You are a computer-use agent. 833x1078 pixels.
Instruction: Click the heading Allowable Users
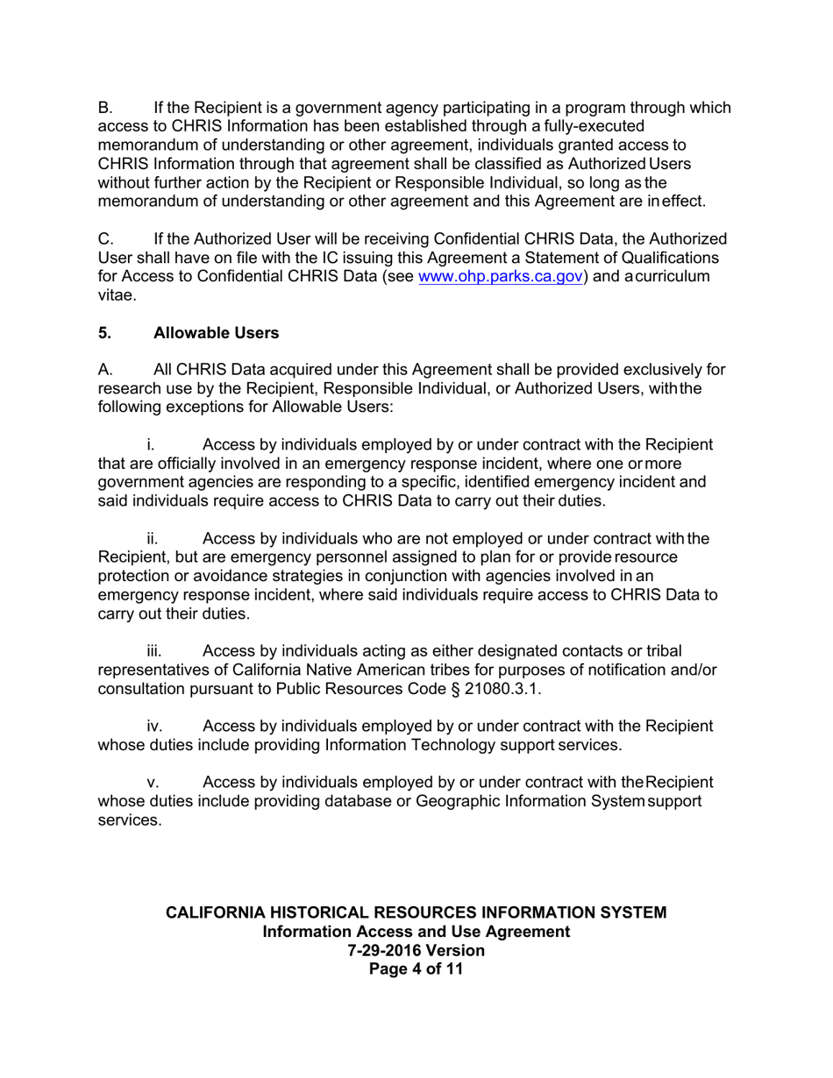pyautogui.click(x=216, y=333)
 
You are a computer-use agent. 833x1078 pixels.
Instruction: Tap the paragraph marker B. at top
pyautogui.click(x=105, y=108)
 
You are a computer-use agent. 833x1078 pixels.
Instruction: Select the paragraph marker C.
pyautogui.click(x=106, y=238)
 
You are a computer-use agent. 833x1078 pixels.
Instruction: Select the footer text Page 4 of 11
pyautogui.click(x=416, y=969)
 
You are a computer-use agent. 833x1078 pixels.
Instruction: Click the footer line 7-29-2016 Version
pyautogui.click(x=416, y=950)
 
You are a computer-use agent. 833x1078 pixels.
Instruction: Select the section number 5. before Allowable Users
pyautogui.click(x=105, y=333)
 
